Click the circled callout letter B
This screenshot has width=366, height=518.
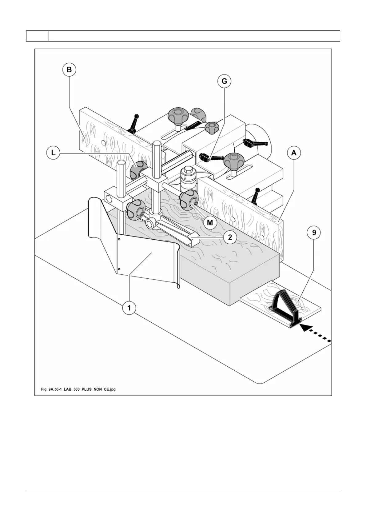pos(69,70)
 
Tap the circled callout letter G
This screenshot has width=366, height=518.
pos(224,81)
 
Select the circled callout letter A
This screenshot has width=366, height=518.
pos(294,153)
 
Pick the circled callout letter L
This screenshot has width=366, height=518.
pos(54,153)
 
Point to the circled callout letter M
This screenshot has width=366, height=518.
pos(210,222)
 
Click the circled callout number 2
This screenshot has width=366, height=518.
pos(230,237)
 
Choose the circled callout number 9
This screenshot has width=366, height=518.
pos(314,233)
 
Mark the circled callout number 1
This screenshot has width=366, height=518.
pos(129,308)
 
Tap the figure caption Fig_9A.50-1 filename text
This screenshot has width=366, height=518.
pos(78,389)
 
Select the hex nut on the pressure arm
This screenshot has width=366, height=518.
pos(151,222)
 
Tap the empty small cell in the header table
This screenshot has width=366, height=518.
pos(37,36)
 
